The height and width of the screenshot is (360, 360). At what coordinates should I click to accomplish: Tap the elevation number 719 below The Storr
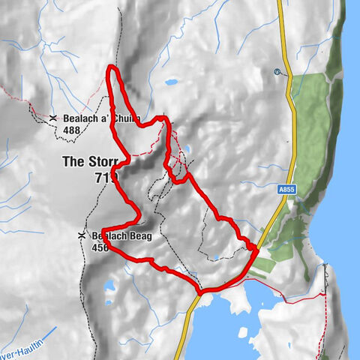pos(107,177)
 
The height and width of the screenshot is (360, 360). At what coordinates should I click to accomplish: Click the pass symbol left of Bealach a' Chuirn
pos(54,118)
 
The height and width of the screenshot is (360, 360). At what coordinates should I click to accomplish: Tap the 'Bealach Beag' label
pos(121,236)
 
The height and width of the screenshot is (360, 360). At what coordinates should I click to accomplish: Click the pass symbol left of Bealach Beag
pos(81,236)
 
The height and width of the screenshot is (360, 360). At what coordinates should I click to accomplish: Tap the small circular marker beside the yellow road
pos(277,73)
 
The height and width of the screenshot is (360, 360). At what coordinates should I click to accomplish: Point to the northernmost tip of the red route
pos(112,68)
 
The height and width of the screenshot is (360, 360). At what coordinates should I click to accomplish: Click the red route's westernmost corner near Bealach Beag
pos(103,229)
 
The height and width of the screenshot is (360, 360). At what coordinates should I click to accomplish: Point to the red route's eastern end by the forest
pos(256,245)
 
